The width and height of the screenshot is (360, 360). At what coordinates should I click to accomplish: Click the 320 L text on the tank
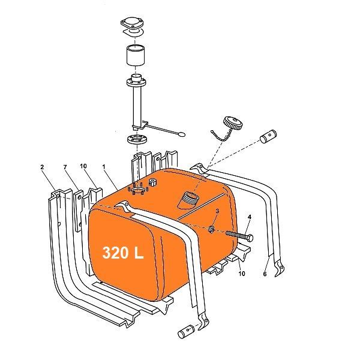122,253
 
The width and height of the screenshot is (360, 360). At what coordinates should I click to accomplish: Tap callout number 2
42,167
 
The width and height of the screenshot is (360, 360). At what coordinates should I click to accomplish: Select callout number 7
65,167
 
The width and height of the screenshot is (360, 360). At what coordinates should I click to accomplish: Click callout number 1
104,166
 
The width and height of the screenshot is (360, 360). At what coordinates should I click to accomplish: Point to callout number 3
217,211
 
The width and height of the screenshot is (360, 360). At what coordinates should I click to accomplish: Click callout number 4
250,217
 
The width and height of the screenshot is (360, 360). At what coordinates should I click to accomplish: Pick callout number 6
265,274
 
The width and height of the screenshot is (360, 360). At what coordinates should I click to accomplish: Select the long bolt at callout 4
239,235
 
